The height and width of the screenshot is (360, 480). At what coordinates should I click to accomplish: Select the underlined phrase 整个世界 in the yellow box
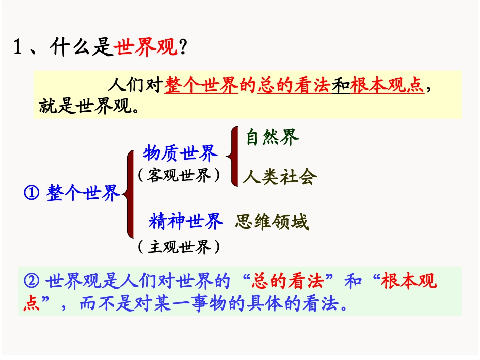pos(202,86)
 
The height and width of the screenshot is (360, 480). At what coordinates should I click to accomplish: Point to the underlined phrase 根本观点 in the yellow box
pos(387,86)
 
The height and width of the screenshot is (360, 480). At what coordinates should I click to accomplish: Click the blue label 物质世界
pos(180,152)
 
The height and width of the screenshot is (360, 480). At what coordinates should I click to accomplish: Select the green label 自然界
pos(272,137)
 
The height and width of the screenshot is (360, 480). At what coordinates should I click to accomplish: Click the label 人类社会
pos(279,177)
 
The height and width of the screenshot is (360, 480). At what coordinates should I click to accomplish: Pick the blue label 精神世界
pos(185,221)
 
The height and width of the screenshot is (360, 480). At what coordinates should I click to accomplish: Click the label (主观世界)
pos(179,247)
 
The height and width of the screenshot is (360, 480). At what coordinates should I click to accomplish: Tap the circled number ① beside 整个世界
pos(32,193)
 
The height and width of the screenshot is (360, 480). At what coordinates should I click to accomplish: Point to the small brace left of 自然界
pos(232,157)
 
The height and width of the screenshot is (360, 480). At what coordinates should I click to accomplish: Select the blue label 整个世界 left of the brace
pos(83,193)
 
